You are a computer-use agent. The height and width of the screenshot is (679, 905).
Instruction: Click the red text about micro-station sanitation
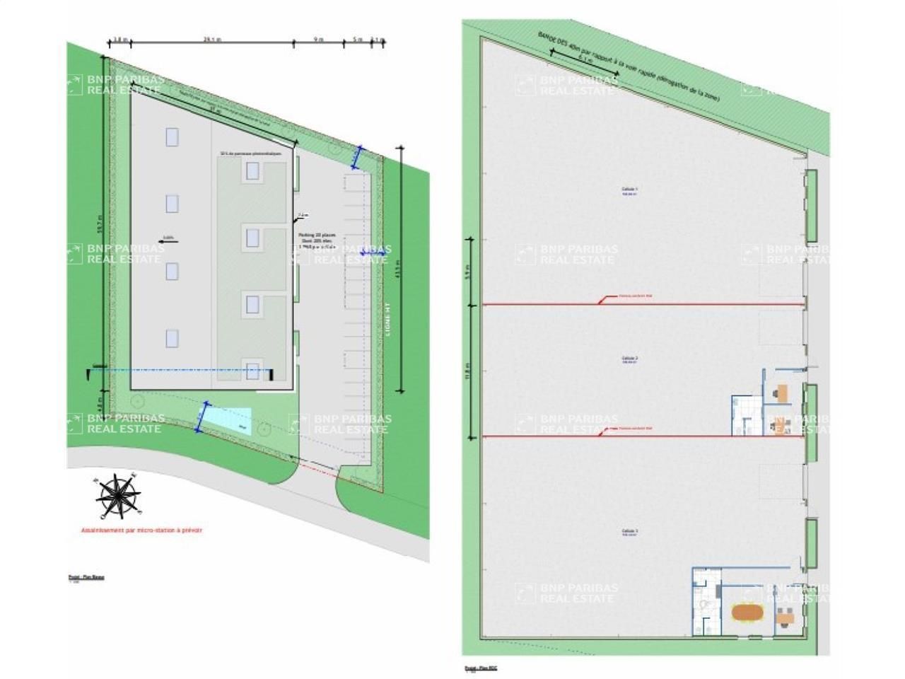coord(141,530)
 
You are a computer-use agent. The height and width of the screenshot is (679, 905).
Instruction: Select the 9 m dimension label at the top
coord(318,40)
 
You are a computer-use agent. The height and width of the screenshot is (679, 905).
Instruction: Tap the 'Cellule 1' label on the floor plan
coord(629,190)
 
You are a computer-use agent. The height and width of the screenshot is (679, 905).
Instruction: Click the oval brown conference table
coord(747,614)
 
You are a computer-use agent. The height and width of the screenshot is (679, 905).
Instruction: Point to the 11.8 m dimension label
coord(467,371)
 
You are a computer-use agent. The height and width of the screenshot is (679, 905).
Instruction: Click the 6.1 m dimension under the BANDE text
coord(585,59)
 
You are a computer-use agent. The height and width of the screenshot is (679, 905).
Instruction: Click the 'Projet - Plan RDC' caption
coord(481,668)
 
